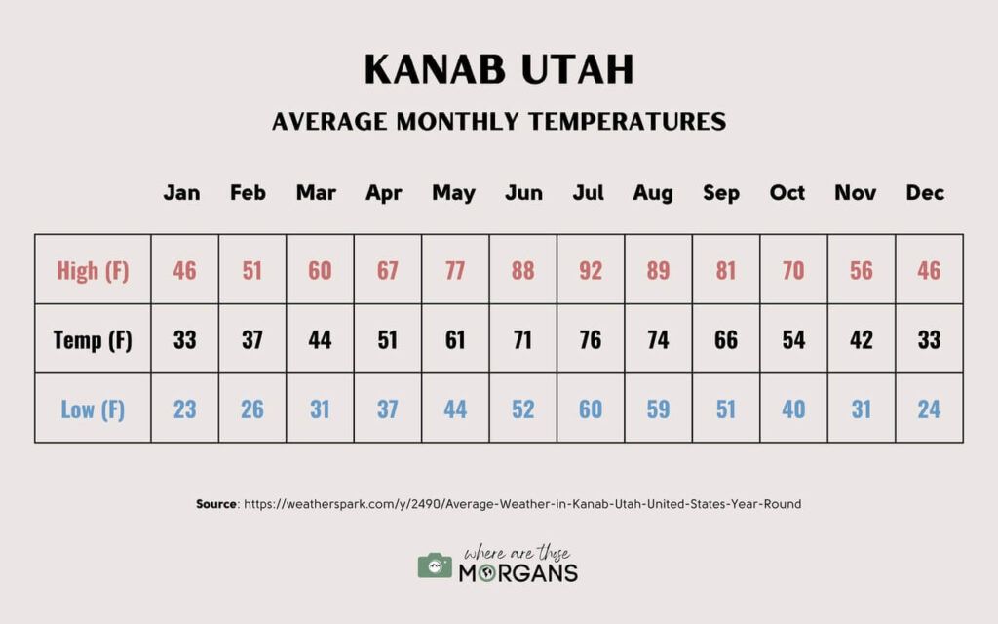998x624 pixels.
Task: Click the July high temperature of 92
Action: (x=590, y=271)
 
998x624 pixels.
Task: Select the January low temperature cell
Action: (x=184, y=409)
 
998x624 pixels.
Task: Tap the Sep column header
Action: (x=721, y=193)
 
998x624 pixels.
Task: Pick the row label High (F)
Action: (x=93, y=271)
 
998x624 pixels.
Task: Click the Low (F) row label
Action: (x=93, y=409)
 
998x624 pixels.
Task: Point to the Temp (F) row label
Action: (x=93, y=340)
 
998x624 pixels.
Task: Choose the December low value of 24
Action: (x=929, y=409)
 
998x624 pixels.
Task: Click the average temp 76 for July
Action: (x=590, y=340)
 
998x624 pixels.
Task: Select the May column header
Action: (x=454, y=193)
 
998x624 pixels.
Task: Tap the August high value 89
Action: (x=658, y=271)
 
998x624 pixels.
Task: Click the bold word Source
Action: (x=216, y=504)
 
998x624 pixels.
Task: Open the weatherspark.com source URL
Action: (x=522, y=504)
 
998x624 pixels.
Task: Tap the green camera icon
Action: (x=435, y=565)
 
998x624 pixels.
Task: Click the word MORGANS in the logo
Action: (x=518, y=573)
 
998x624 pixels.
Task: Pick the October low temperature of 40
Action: (x=793, y=409)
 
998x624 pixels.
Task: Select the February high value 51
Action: (x=252, y=271)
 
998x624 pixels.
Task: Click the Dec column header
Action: (x=925, y=193)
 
